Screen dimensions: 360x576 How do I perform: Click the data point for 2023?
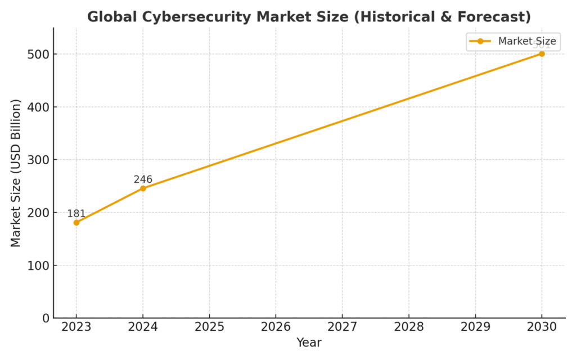(76, 223)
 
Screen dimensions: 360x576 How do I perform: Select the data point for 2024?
(143, 188)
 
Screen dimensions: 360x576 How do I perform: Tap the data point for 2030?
(542, 54)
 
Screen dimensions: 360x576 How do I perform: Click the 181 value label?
(76, 214)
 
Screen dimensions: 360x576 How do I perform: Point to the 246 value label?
(143, 179)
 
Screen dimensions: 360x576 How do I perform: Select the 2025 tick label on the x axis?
(209, 327)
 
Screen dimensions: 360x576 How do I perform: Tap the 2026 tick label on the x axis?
(276, 327)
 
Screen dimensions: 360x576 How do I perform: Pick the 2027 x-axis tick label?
(342, 327)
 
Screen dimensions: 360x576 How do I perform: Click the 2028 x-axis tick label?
(409, 327)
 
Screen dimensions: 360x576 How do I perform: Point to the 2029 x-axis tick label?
(475, 327)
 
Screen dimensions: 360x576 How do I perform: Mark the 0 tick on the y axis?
(45, 318)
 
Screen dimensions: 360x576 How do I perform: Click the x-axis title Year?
(309, 342)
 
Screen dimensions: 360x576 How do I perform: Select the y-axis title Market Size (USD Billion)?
(16, 173)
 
